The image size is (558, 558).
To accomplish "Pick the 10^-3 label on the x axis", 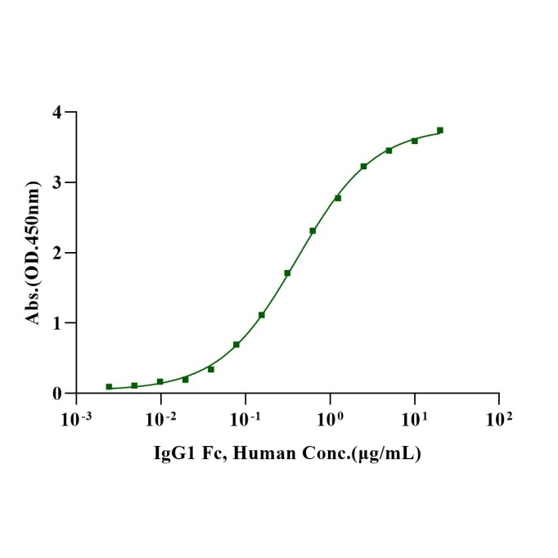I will point(75,420).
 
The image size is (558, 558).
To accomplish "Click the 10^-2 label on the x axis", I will point(160,420).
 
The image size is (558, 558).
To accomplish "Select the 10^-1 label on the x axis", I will point(245,420).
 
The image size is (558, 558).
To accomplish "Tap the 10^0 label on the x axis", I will point(331,420).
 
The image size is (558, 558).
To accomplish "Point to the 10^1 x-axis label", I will point(415,420).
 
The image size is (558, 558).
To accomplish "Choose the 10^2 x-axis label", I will point(499,420).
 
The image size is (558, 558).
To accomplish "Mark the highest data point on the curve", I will point(440,130).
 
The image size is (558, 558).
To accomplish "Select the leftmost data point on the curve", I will point(109,387).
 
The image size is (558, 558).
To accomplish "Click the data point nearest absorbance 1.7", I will point(287,273).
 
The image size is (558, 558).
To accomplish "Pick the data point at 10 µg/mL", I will point(415,141).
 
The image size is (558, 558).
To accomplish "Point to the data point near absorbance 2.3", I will point(313,231).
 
